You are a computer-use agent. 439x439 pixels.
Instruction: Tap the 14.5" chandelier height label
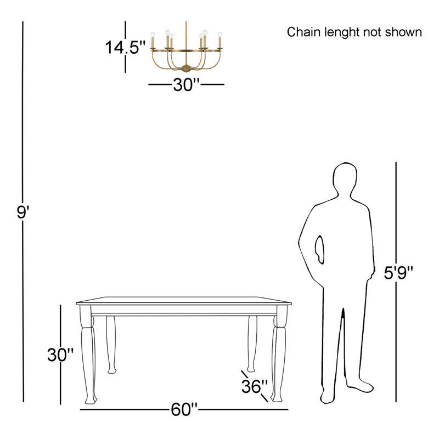[x=125, y=47]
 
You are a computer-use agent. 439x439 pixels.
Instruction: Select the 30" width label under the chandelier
[x=186, y=85]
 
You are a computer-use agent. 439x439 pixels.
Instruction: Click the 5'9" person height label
[x=398, y=272]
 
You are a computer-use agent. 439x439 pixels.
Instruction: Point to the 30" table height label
[x=60, y=354]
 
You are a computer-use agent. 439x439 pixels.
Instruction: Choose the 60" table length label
[x=184, y=409]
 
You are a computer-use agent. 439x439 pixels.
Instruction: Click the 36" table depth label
[x=255, y=386]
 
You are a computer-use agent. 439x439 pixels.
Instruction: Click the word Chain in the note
[x=304, y=32]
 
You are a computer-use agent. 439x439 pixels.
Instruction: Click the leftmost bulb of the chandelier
[x=153, y=35]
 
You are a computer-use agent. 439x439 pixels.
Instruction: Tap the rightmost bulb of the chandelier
[x=220, y=35]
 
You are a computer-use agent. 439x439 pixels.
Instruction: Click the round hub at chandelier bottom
[x=186, y=67]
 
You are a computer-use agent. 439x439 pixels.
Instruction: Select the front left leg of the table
[x=88, y=355]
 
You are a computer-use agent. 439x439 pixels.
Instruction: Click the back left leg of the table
[x=111, y=345]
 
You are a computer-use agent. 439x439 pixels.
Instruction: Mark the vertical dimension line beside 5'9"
[x=396, y=282]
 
